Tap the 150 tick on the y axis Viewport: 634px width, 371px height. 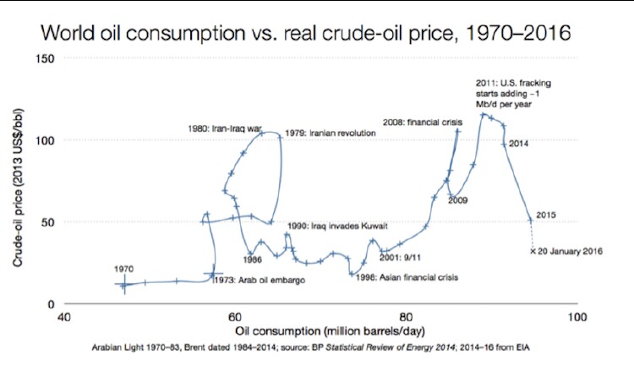click(46, 58)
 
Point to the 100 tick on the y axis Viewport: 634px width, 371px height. click(46, 140)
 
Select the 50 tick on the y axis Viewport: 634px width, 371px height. click(48, 222)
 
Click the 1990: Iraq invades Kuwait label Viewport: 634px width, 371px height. click(337, 226)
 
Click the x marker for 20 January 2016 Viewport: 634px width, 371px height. click(533, 251)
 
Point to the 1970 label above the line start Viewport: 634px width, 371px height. click(124, 269)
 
